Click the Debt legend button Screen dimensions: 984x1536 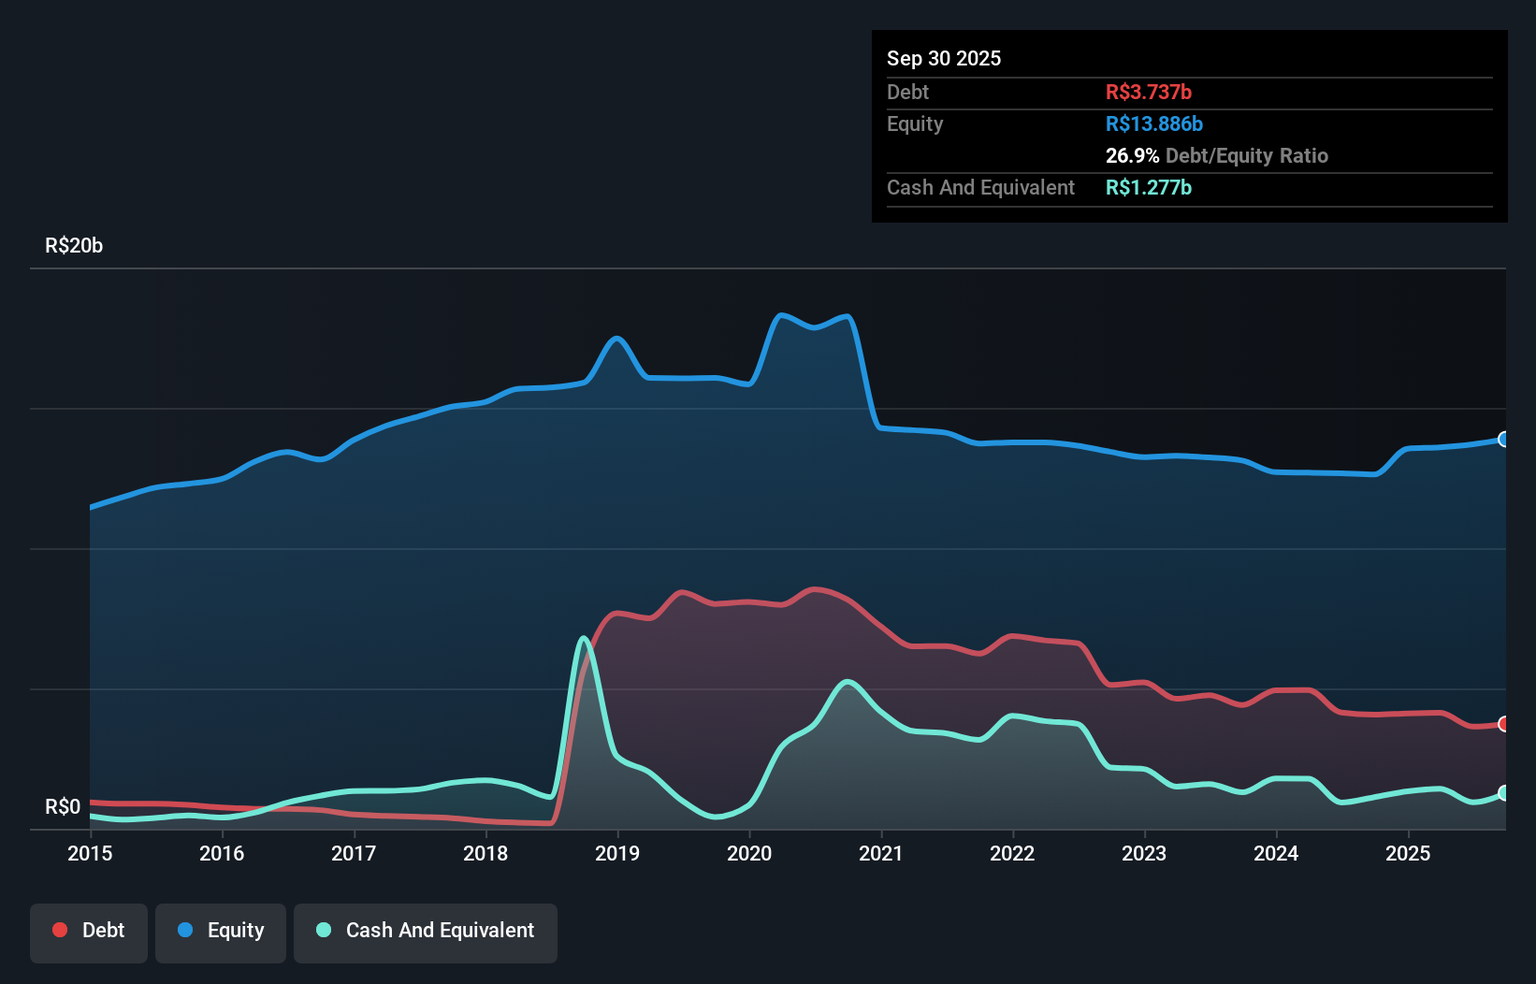pyautogui.click(x=89, y=931)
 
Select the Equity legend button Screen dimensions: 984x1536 pyautogui.click(x=221, y=931)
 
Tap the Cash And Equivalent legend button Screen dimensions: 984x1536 pyautogui.click(x=426, y=931)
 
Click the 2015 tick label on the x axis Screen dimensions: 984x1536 pyautogui.click(x=90, y=853)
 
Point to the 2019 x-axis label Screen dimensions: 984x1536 pyautogui.click(x=617, y=853)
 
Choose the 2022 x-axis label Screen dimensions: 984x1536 pyautogui.click(x=1012, y=853)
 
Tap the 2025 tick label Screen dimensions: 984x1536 pyautogui.click(x=1408, y=853)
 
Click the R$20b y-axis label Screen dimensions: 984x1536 pyautogui.click(x=74, y=245)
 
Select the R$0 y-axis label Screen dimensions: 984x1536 pyautogui.click(x=63, y=806)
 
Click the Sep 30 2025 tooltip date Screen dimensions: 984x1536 pyautogui.click(x=944, y=58)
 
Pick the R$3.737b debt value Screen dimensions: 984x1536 pyautogui.click(x=1148, y=92)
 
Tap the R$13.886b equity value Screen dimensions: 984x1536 pyautogui.click(x=1153, y=123)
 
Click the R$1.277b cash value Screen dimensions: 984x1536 pyautogui.click(x=1148, y=187)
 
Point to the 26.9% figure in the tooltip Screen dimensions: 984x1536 pyautogui.click(x=1132, y=155)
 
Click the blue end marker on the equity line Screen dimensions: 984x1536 pyautogui.click(x=1503, y=440)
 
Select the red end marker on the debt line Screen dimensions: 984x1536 pyautogui.click(x=1503, y=724)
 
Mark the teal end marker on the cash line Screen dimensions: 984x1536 pyautogui.click(x=1503, y=793)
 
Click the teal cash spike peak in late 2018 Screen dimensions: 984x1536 pyautogui.click(x=584, y=639)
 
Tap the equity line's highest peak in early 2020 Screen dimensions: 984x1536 pyautogui.click(x=781, y=315)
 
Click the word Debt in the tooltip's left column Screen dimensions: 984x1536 pyautogui.click(x=907, y=92)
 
